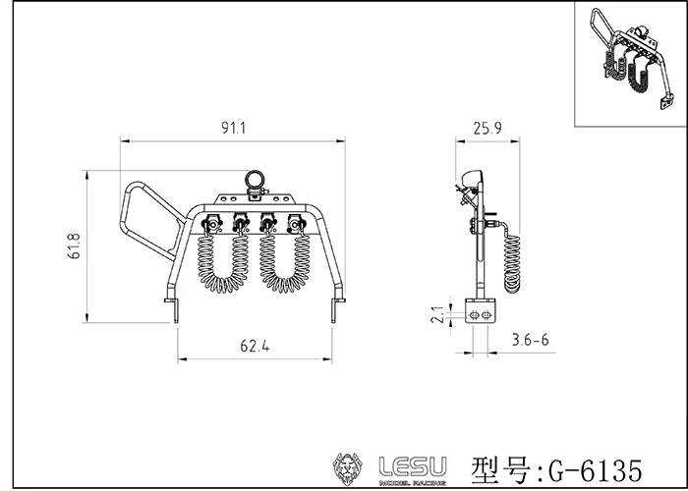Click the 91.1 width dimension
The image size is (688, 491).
233,128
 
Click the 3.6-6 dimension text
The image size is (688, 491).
531,339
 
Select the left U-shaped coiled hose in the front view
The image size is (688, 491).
223,260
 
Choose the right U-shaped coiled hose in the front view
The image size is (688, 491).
281,260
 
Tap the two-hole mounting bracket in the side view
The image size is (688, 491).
481,312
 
